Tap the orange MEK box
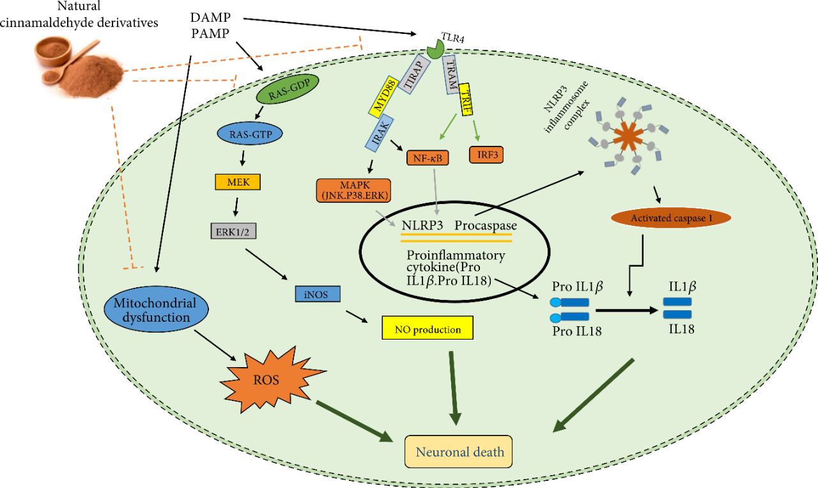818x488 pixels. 238,182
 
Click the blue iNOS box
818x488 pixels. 318,294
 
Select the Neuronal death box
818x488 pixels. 460,452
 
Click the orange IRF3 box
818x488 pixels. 487,155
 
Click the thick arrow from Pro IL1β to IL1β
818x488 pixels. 626,310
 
